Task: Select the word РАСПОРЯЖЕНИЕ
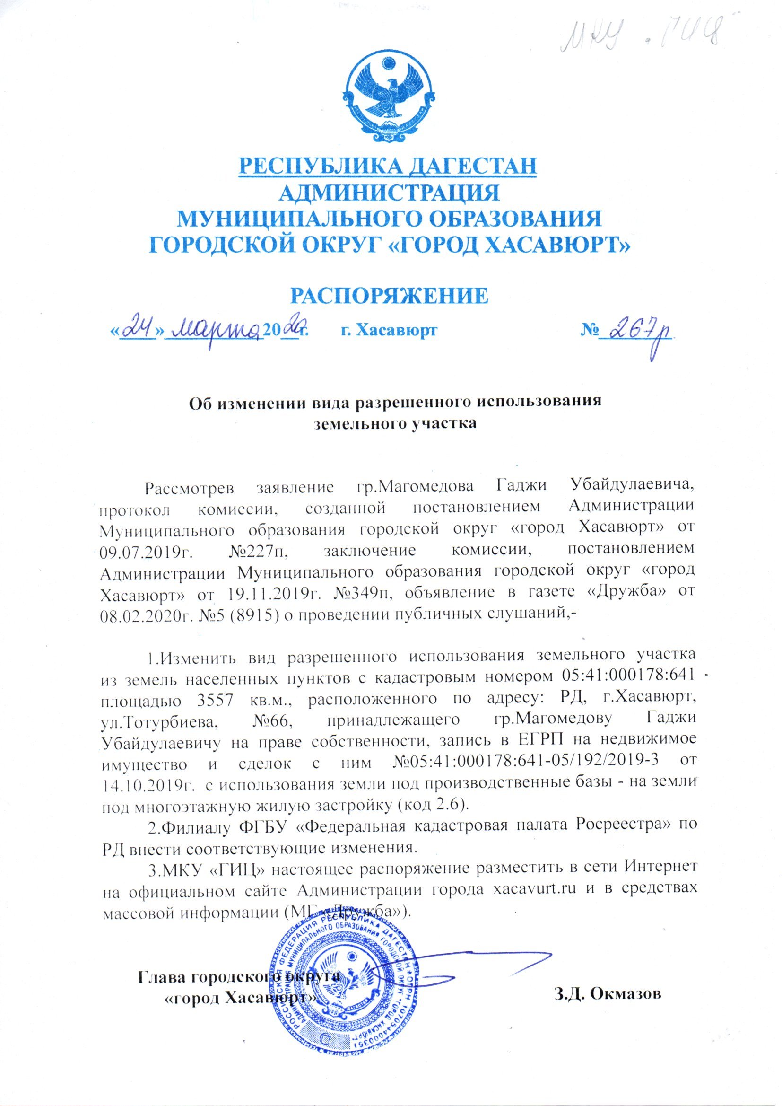click(x=389, y=295)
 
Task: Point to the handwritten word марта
click(x=216, y=330)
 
